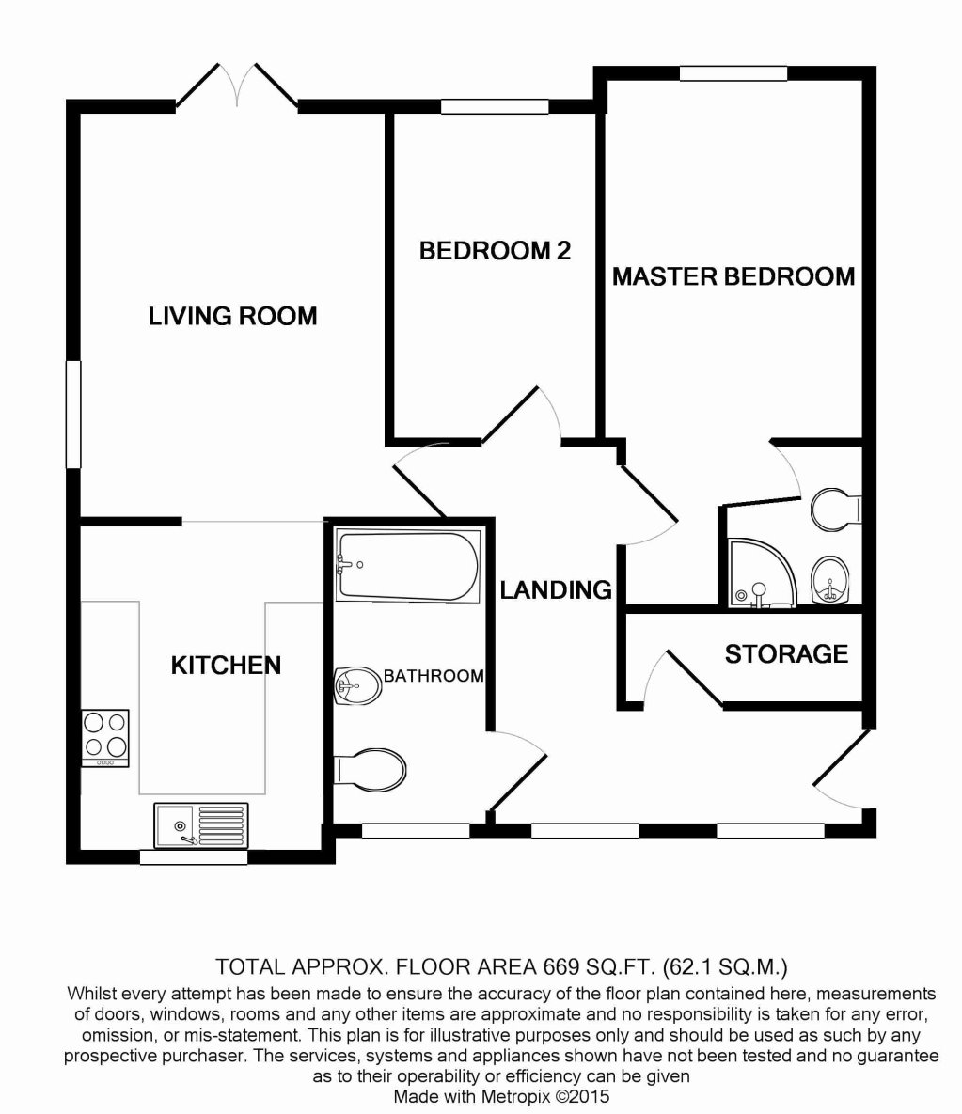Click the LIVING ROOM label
pos(232,316)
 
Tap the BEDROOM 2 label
pos(495,251)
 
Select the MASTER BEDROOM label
pos(733,276)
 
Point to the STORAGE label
pos(786,653)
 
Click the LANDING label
pos(555,590)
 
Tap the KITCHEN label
pos(226,666)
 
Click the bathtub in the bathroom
pos(407,566)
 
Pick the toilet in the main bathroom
pos(371,768)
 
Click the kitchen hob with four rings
pos(104,737)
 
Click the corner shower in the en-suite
pos(758,573)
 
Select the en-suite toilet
pos(835,509)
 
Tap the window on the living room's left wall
pos(72,414)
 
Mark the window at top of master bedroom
pos(733,73)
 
